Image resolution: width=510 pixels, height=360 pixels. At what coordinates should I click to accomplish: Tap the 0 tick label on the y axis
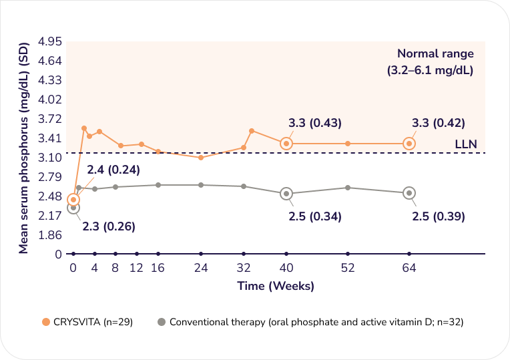(59, 254)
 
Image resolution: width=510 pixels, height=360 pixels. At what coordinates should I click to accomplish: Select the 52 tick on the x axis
(348, 268)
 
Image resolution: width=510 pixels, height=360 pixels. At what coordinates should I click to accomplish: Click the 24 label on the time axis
(201, 268)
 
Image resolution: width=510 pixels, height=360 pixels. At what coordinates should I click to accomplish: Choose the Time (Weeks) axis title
(276, 286)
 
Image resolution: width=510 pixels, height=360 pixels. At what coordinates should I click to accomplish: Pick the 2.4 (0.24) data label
(113, 170)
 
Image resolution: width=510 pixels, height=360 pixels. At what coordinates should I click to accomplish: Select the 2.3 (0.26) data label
(109, 226)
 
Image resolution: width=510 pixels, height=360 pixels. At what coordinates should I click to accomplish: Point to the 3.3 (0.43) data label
(315, 123)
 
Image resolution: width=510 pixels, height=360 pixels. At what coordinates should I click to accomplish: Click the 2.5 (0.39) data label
(438, 216)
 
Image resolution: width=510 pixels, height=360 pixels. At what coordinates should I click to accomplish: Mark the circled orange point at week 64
(409, 144)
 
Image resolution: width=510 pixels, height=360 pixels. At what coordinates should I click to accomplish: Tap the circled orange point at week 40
(286, 144)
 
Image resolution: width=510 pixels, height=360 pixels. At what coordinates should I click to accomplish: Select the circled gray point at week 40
(286, 194)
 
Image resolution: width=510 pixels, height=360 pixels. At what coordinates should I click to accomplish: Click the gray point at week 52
(348, 188)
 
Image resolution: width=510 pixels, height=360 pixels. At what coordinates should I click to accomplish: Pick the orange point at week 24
(201, 157)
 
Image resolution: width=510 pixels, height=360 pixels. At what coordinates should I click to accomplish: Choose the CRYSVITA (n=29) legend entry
(87, 322)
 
